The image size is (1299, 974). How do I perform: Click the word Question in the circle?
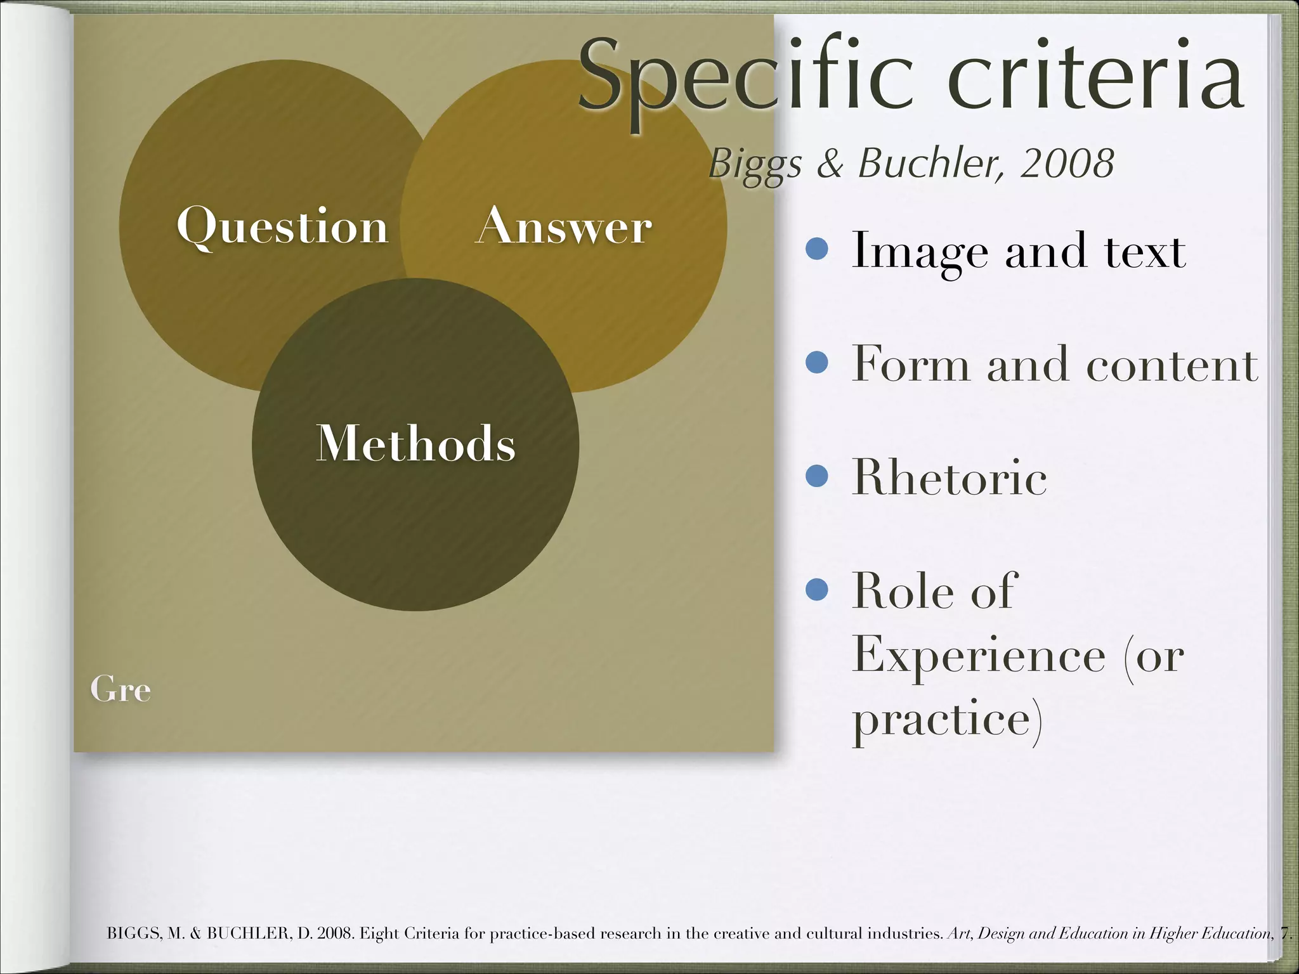[282, 226]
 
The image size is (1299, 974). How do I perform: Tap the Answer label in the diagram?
[564, 226]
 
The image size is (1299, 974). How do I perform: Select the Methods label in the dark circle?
[415, 443]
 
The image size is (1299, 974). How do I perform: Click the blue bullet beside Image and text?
[817, 249]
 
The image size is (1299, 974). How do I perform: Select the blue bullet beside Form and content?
[817, 363]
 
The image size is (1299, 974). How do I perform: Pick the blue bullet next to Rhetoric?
[817, 476]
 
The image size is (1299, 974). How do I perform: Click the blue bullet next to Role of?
[817, 590]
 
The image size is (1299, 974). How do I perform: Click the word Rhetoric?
[949, 477]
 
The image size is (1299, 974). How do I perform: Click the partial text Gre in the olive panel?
[121, 689]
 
